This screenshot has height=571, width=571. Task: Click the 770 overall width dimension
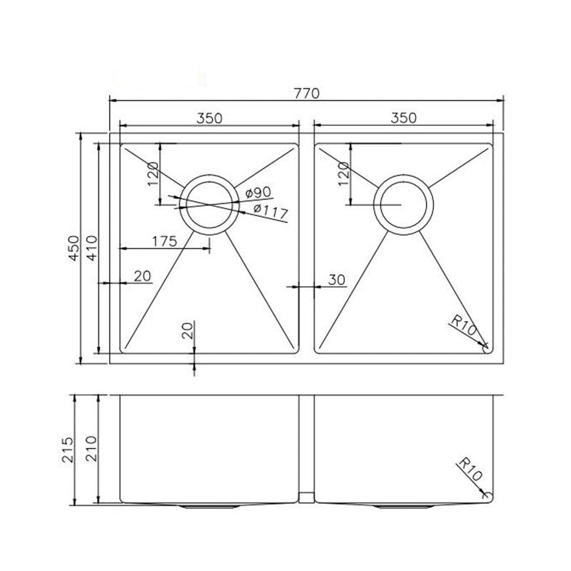click(x=306, y=93)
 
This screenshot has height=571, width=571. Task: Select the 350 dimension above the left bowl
click(x=208, y=118)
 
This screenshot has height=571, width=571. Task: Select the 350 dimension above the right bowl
click(x=403, y=118)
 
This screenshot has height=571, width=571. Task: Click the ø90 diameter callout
click(x=256, y=193)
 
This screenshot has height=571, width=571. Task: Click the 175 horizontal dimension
click(x=164, y=241)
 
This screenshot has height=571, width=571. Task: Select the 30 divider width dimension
click(x=337, y=280)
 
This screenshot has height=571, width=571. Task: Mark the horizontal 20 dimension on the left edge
click(x=142, y=276)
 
